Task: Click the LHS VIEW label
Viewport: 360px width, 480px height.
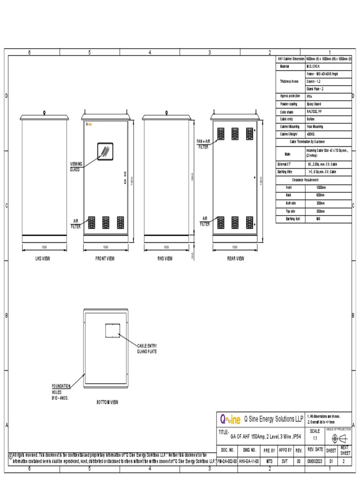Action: [44, 258]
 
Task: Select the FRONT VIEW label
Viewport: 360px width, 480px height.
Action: [105, 258]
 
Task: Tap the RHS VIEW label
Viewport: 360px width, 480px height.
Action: [165, 258]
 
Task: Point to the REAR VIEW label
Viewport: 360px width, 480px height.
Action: [236, 258]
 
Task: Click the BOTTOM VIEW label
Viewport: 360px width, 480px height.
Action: [107, 402]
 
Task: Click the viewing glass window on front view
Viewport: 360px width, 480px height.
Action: [105, 151]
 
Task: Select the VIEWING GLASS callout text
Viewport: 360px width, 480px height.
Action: [76, 166]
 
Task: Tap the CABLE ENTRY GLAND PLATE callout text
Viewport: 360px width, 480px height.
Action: [147, 348]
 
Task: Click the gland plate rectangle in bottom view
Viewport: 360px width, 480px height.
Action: [112, 330]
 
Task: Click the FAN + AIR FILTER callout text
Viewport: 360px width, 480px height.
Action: [202, 143]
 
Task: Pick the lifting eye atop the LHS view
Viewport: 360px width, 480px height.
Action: [44, 112]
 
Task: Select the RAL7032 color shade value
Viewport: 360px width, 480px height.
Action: [314, 112]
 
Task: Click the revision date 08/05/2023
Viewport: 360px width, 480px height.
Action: [315, 461]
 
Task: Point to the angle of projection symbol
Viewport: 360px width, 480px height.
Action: [338, 439]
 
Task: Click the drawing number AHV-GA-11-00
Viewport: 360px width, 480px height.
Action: [249, 461]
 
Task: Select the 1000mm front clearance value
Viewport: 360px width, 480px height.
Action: [321, 187]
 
